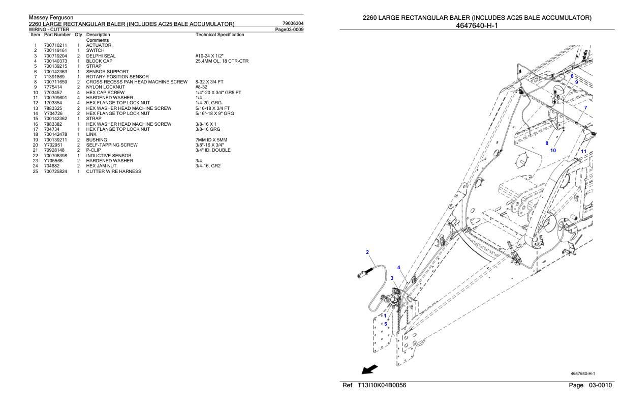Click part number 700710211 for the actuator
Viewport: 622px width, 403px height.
pyautogui.click(x=53, y=45)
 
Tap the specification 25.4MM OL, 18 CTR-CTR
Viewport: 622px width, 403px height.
pyautogui.click(x=222, y=61)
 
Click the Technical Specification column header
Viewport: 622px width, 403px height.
pyautogui.click(x=220, y=35)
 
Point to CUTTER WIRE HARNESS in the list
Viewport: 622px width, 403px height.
pyautogui.click(x=114, y=171)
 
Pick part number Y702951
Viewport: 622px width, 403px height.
pyautogui.click(x=52, y=145)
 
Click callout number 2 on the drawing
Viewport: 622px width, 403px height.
pyautogui.click(x=367, y=252)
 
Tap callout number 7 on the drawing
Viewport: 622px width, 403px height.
pyautogui.click(x=585, y=107)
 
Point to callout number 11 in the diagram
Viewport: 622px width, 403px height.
pyautogui.click(x=583, y=151)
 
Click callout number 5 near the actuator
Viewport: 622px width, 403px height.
pyautogui.click(x=385, y=324)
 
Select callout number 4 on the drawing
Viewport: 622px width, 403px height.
pyautogui.click(x=398, y=267)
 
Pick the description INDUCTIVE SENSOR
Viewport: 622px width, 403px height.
pyautogui.click(x=109, y=156)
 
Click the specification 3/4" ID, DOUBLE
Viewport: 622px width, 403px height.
pyautogui.click(x=213, y=150)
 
